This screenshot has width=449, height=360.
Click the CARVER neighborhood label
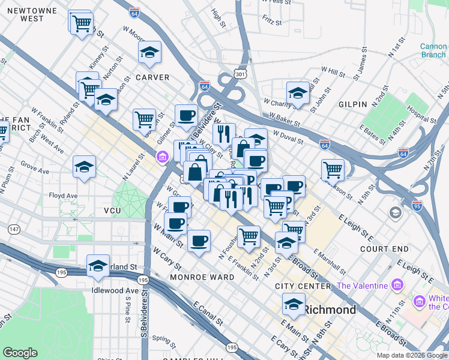pos(152,77)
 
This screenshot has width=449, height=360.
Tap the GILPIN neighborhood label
pos(352,104)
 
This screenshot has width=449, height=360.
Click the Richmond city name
pos(330,310)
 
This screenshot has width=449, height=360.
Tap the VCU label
pos(113,211)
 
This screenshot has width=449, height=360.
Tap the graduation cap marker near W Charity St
pos(297,92)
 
